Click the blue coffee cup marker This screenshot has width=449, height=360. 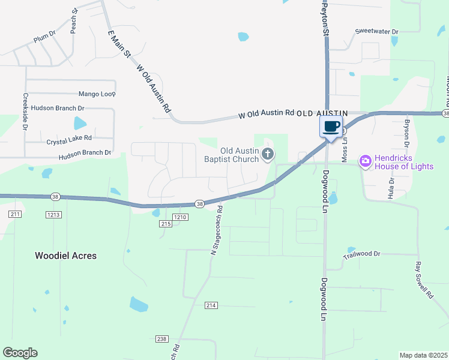331,127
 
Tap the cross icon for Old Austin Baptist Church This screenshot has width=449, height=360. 268,155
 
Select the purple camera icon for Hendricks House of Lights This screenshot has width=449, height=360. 364,161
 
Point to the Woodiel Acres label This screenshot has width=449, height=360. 65,256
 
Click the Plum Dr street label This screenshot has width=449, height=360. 44,37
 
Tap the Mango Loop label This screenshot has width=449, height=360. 97,94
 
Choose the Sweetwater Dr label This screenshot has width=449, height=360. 376,31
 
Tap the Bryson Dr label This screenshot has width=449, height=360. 406,134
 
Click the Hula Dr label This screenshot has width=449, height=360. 391,188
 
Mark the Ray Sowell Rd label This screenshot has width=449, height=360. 424,280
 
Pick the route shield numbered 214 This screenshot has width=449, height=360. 211,305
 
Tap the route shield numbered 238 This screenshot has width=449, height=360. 161,339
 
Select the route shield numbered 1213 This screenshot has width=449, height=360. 53,214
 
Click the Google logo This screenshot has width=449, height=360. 20,353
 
